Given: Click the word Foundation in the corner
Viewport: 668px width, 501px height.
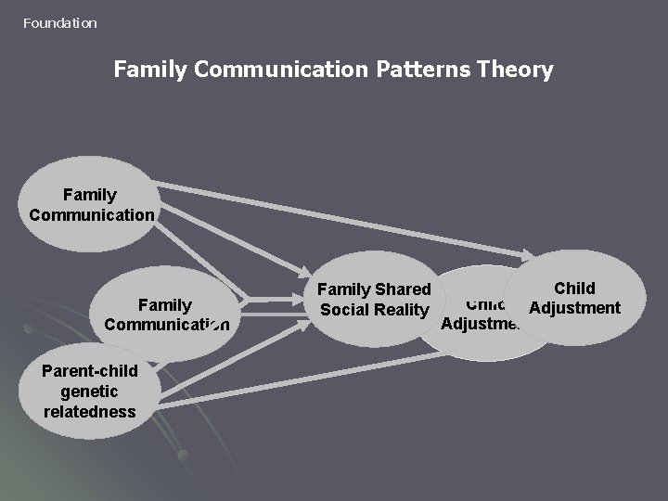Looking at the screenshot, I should (59, 22).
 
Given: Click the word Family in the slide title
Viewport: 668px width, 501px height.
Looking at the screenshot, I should (146, 70).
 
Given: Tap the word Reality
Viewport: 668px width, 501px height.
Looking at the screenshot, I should (403, 310).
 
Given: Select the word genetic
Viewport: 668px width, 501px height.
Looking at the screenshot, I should (90, 392).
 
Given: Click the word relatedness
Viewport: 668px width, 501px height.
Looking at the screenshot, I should (90, 411).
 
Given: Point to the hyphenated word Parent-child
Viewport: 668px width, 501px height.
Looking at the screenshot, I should (90, 371).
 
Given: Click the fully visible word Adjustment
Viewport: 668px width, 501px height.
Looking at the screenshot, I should (574, 308).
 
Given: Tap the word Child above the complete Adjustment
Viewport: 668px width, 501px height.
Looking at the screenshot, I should (574, 289).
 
